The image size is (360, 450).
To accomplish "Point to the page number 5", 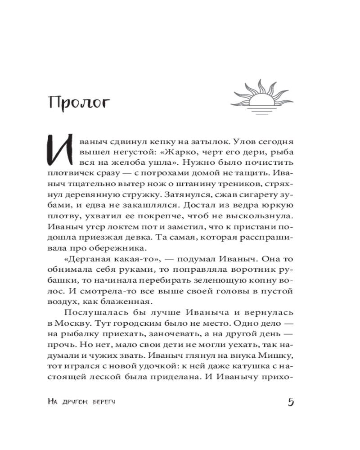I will coord(290,402).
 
